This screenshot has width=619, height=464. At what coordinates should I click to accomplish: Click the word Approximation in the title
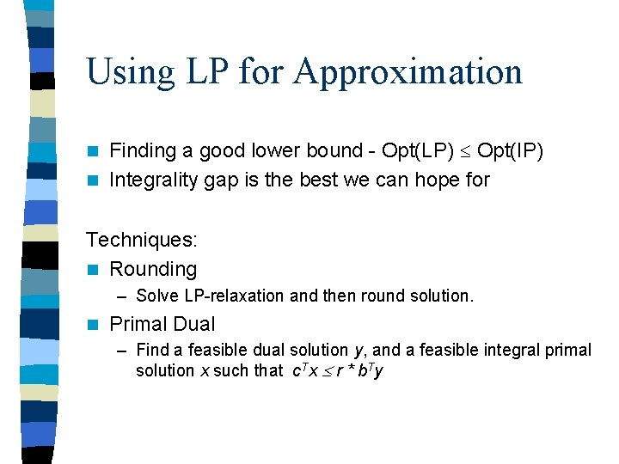tap(408, 72)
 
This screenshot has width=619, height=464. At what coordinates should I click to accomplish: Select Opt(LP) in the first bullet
tap(418, 151)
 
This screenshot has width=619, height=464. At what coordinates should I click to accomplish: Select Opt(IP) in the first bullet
tap(510, 151)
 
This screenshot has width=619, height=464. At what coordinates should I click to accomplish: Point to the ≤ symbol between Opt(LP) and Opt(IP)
tap(464, 152)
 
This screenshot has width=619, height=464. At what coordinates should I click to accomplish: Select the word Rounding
tap(153, 270)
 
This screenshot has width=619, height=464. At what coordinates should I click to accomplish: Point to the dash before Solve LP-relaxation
tap(123, 296)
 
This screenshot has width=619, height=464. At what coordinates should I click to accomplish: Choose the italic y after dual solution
tap(358, 351)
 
